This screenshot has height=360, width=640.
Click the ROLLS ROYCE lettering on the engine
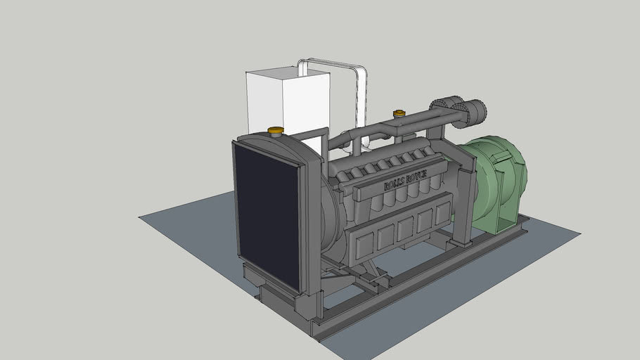click(405, 180)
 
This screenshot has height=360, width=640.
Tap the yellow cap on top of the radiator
click(276, 130)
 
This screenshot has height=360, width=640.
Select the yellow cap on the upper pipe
click(399, 112)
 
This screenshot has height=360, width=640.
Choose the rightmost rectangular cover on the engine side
click(442, 214)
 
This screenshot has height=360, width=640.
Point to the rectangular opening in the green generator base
click(508, 222)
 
